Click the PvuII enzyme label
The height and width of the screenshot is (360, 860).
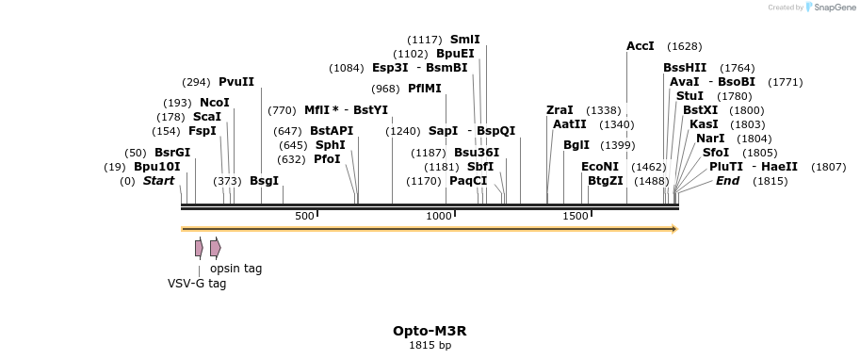tap(236, 82)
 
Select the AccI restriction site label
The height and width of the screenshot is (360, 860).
tap(640, 46)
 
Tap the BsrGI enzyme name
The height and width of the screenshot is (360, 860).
tap(172, 153)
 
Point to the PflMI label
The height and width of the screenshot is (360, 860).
tap(424, 89)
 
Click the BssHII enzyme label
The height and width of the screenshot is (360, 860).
tap(685, 68)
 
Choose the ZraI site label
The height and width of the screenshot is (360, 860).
tap(560, 110)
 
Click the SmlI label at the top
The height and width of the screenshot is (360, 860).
tap(464, 40)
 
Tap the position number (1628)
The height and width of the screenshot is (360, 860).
tap(684, 46)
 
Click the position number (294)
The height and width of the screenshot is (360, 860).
tap(196, 82)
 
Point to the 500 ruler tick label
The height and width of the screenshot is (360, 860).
tap(304, 217)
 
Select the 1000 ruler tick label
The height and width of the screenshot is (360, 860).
tap(440, 217)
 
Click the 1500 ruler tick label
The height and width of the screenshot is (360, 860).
tap(576, 217)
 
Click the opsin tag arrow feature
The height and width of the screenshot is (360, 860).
tap(216, 248)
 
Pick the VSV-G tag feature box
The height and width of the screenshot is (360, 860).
tap(199, 248)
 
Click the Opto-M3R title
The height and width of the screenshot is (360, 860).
tap(430, 331)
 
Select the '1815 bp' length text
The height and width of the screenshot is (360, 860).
tap(430, 345)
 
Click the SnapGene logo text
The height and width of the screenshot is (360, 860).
tap(835, 8)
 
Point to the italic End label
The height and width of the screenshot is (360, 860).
tap(728, 181)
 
